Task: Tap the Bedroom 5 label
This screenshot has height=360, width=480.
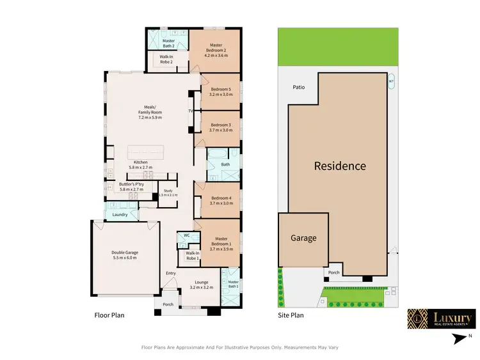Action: [220, 89]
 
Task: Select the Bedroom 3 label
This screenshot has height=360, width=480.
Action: [220, 125]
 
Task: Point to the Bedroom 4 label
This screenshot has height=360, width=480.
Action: [220, 198]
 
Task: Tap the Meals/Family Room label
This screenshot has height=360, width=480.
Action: [150, 112]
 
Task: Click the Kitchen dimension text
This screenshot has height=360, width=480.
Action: [140, 168]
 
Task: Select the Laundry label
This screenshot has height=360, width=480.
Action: [120, 215]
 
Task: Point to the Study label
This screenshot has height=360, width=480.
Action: [168, 191]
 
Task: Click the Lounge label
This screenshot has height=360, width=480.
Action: [202, 282]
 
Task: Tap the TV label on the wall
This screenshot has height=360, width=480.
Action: [190, 111]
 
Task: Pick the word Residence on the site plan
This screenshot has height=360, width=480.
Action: [340, 166]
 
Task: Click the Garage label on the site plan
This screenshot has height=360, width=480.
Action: [303, 238]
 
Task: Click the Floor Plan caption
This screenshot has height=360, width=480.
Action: [109, 315]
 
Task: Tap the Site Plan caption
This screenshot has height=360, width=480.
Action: [291, 315]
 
